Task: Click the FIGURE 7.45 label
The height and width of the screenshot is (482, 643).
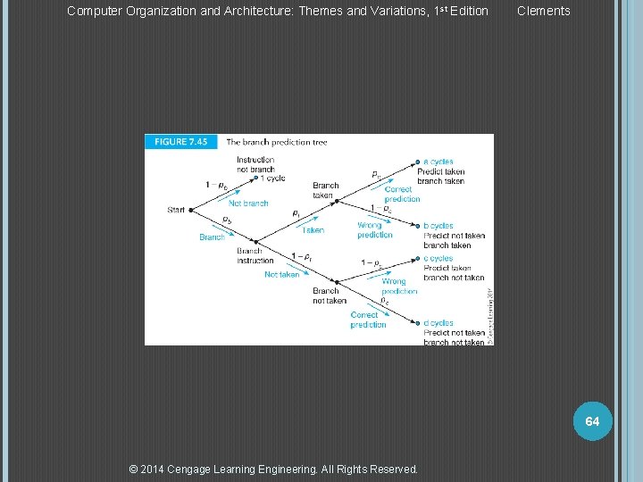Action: (x=182, y=141)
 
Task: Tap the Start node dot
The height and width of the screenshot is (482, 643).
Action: (x=191, y=211)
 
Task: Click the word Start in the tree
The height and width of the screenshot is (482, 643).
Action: (x=176, y=211)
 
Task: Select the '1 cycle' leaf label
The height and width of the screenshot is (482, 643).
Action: (x=271, y=178)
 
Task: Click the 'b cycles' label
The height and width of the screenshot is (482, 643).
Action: (x=438, y=226)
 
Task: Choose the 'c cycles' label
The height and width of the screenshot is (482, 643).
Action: (x=438, y=258)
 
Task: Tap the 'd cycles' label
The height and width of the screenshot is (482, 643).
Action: (x=438, y=323)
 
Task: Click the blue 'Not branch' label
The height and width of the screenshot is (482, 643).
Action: (x=248, y=204)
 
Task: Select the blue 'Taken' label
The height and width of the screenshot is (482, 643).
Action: (x=313, y=230)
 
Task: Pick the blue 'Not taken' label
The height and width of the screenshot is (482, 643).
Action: (x=281, y=275)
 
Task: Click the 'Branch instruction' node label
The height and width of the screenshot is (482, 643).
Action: (x=255, y=255)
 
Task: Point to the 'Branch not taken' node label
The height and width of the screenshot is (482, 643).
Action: (x=330, y=295)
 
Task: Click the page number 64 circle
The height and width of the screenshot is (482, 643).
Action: (x=592, y=420)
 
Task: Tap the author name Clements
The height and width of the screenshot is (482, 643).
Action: (x=543, y=11)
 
